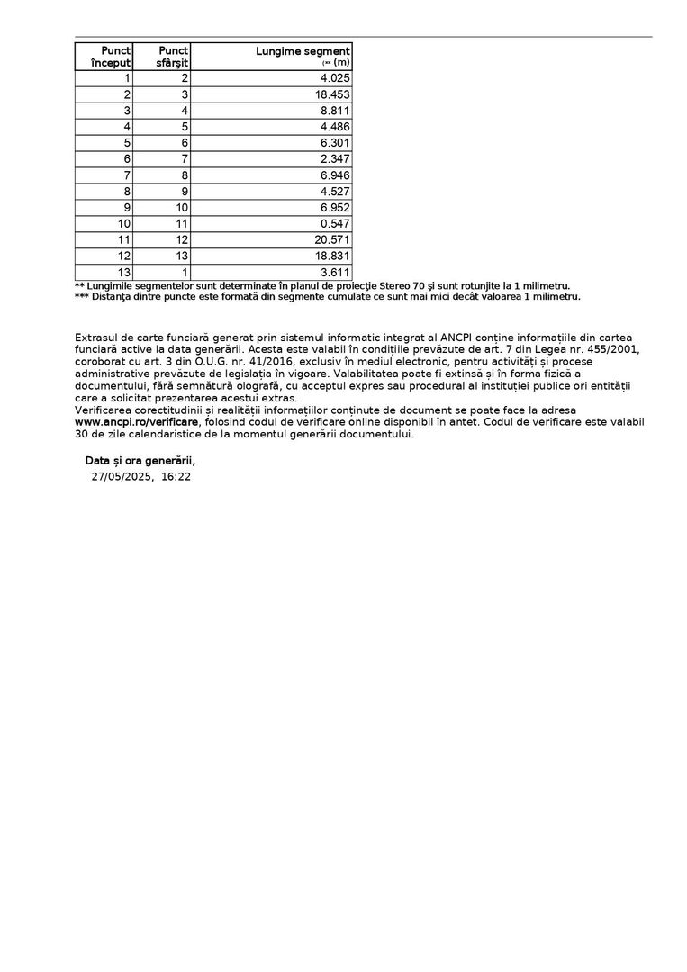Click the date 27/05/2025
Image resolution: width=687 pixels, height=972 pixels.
tap(121, 477)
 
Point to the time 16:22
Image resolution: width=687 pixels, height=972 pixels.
tap(176, 477)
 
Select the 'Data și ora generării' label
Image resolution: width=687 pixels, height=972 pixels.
tap(140, 461)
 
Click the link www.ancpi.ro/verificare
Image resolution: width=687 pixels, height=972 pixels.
tap(137, 421)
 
